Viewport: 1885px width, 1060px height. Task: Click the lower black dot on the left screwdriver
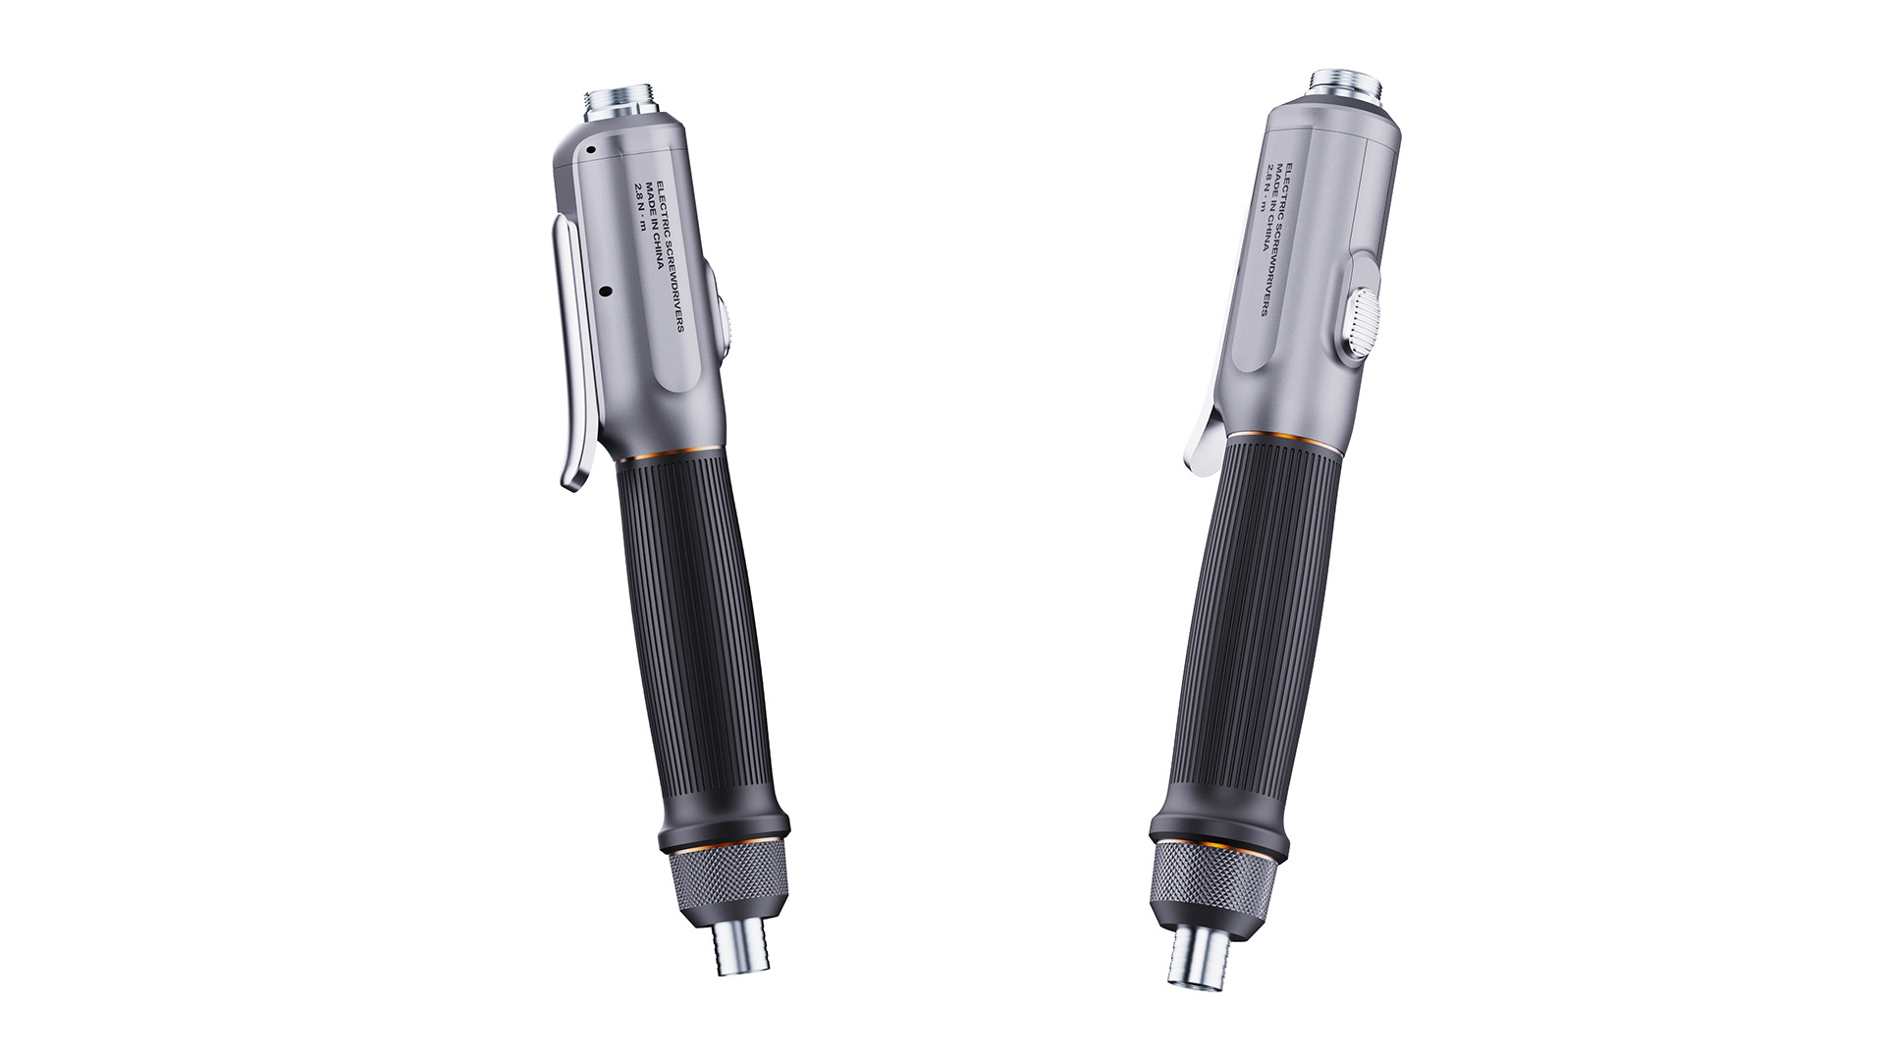click(x=605, y=291)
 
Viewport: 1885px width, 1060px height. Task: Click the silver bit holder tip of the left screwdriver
click(x=742, y=951)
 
